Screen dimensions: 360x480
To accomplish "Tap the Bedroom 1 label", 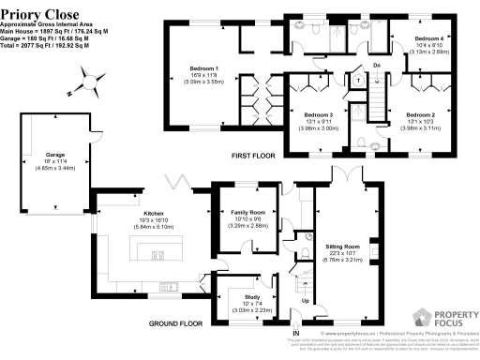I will tap(204, 68).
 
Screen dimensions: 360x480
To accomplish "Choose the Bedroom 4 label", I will tap(430, 38).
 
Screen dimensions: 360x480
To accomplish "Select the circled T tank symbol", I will tap(359, 81).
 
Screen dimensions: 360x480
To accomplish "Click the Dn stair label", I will tap(375, 65).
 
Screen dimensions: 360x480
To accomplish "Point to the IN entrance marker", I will tap(297, 333).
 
